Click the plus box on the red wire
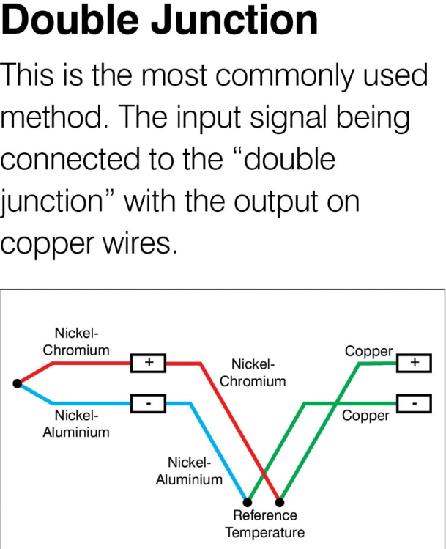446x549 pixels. tap(149, 362)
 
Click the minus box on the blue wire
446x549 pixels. tap(149, 402)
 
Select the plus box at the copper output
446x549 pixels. tap(414, 362)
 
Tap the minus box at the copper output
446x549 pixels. tap(414, 402)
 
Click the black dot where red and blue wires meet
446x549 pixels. tap(17, 383)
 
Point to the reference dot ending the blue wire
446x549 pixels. tap(248, 503)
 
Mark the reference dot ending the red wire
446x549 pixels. tap(280, 503)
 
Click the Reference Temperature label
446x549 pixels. tap(264, 524)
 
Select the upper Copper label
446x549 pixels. tap(368, 352)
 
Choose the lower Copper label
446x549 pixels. tap(366, 416)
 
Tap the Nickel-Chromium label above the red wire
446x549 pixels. tap(76, 342)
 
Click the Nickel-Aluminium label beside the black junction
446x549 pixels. tap(76, 424)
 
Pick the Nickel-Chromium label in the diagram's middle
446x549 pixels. tap(253, 372)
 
